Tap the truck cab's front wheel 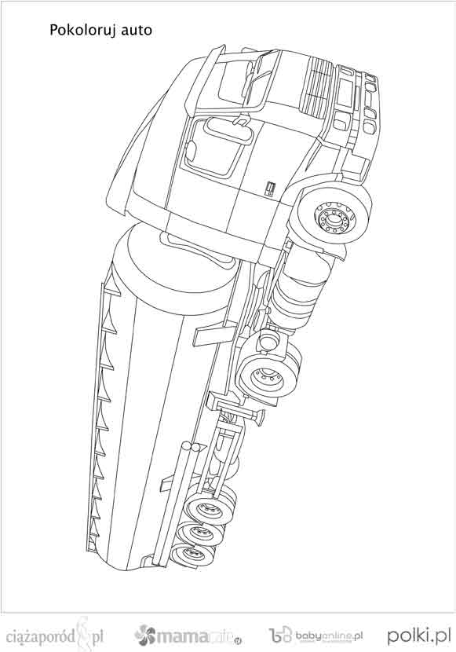[x=334, y=214]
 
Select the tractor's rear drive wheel [x=268, y=376]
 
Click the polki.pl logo [x=419, y=636]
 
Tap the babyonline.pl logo [x=316, y=636]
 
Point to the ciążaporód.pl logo [x=56, y=635]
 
